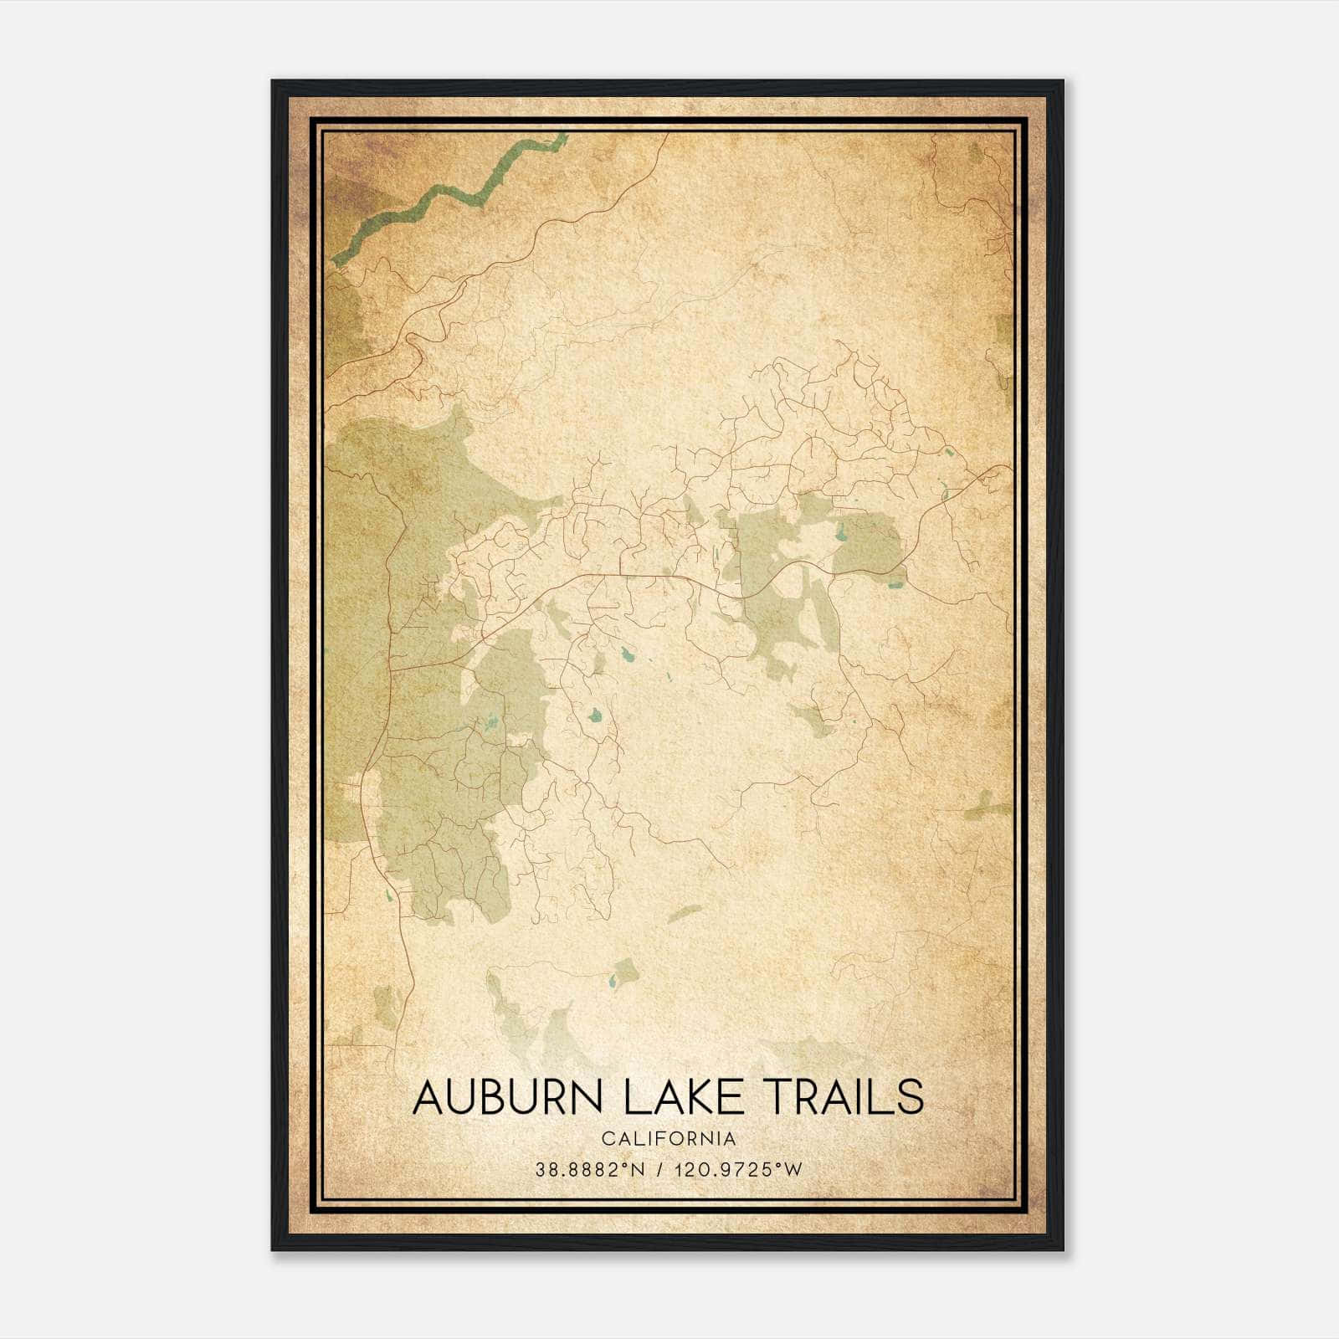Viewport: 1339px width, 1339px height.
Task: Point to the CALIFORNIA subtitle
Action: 669,1139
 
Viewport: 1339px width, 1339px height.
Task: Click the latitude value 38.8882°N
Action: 590,1170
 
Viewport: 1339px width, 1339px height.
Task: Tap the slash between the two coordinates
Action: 662,1170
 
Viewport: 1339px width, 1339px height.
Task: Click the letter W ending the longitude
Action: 794,1170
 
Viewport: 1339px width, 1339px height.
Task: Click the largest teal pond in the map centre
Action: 594,716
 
